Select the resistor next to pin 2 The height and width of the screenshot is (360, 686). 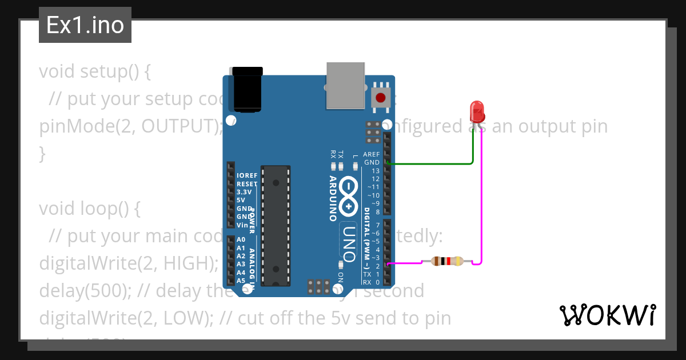(x=448, y=262)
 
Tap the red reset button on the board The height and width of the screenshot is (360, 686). (x=381, y=98)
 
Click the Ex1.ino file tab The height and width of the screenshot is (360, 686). (x=85, y=25)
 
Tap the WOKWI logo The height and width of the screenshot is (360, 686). (x=607, y=315)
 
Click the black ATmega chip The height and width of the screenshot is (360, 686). (x=276, y=225)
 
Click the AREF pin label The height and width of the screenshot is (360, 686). (x=372, y=154)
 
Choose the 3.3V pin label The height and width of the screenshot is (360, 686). (x=245, y=192)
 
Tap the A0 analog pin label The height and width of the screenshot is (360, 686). (x=241, y=240)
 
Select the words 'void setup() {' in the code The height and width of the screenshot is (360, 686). (x=94, y=71)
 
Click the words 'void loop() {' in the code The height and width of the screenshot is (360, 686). (x=89, y=209)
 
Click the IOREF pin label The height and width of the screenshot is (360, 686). (x=247, y=175)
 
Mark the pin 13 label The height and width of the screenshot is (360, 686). (x=375, y=171)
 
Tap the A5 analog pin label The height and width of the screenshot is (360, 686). (x=241, y=281)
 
